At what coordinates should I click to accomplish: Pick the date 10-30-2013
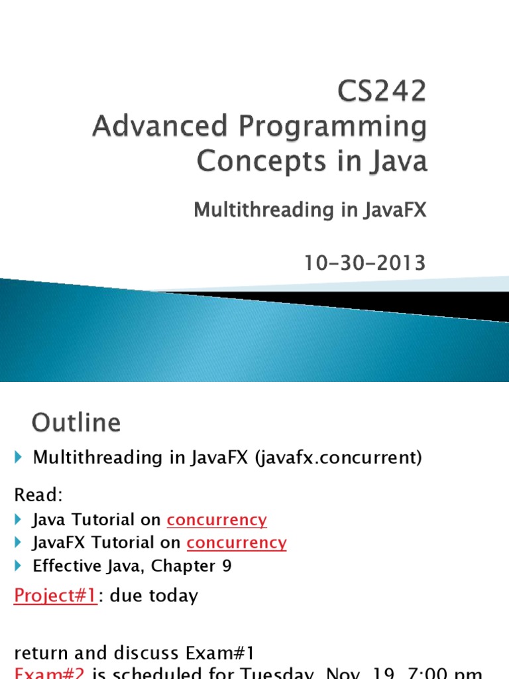click(365, 263)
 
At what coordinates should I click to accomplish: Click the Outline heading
click(76, 423)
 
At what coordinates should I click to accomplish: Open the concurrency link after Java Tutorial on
click(217, 520)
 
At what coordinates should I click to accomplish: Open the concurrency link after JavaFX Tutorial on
click(237, 542)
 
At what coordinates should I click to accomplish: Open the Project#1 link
click(56, 595)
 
